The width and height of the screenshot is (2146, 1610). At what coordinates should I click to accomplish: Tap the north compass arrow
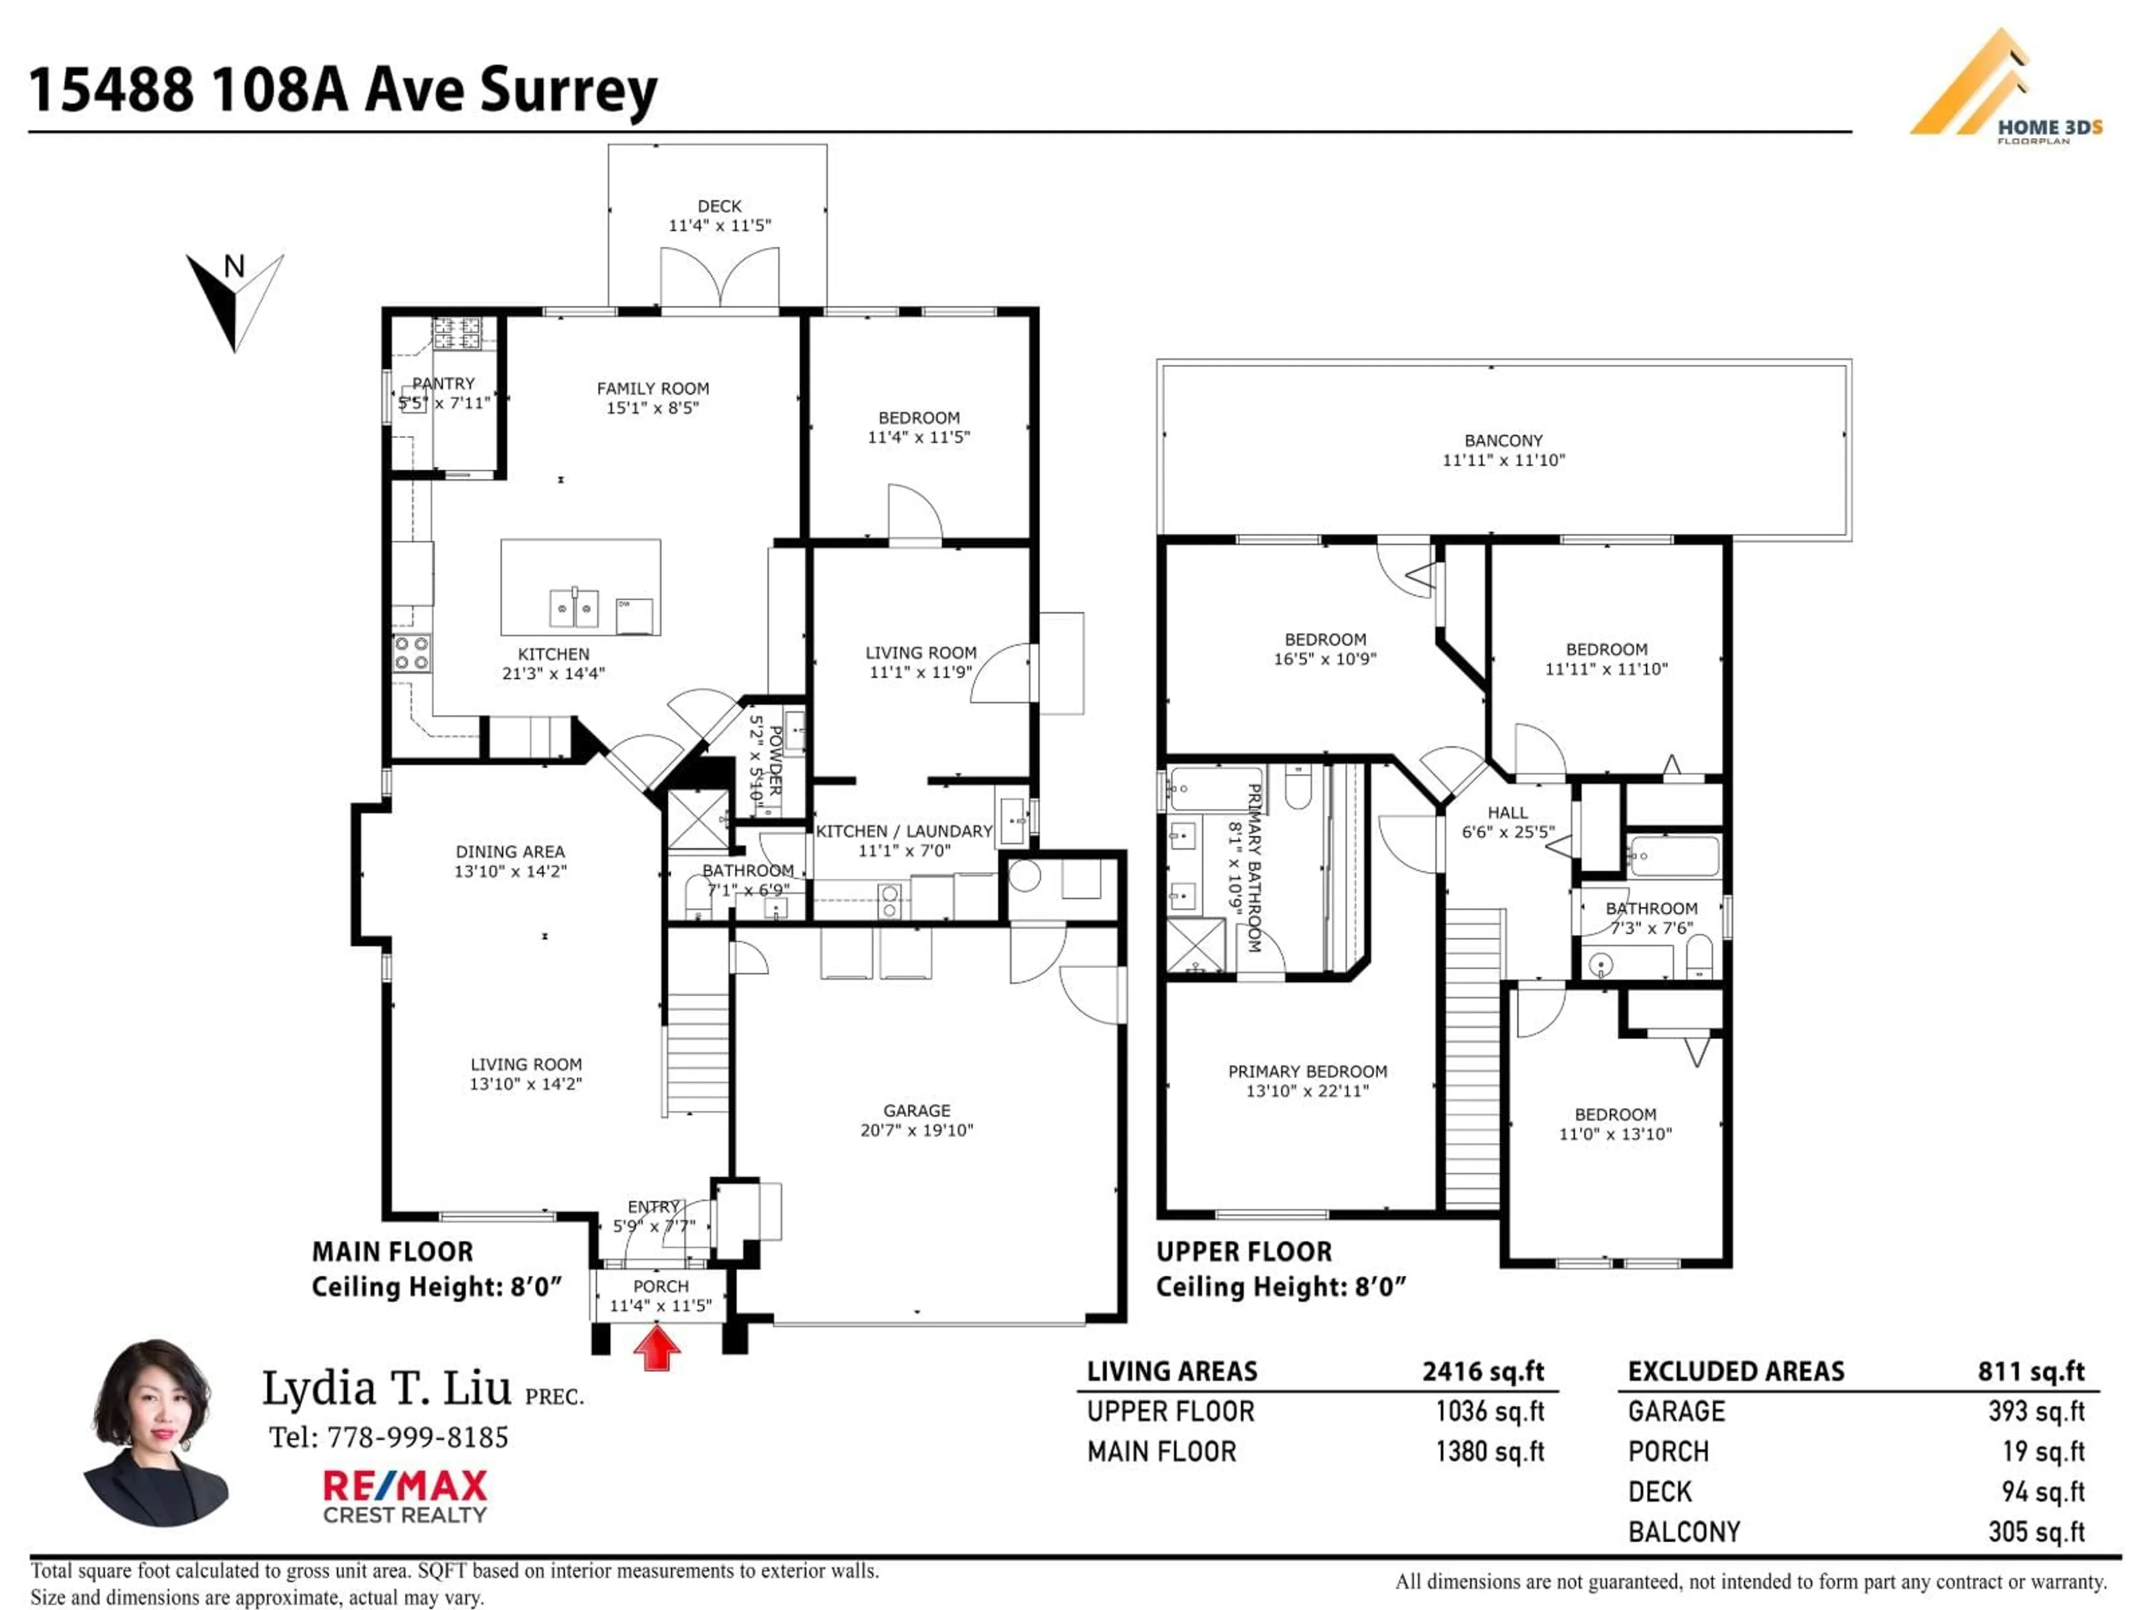[234, 301]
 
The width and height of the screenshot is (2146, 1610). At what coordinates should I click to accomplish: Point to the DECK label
[719, 206]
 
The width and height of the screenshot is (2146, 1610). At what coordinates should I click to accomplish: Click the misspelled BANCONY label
[1503, 441]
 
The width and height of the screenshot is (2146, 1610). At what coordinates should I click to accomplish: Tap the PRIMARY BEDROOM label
[1307, 1072]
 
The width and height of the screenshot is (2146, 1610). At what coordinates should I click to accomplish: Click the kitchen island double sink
[575, 608]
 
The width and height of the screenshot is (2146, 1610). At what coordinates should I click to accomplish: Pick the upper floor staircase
[1473, 1058]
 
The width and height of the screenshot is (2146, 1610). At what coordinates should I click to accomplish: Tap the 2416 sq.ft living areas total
[1483, 1371]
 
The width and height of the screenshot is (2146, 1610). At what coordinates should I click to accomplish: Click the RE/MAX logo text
[405, 1486]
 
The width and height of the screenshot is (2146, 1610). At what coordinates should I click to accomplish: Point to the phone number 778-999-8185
[417, 1437]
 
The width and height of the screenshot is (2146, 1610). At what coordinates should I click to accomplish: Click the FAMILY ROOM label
[652, 388]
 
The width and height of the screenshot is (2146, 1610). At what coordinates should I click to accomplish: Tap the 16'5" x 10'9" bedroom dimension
[1324, 659]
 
